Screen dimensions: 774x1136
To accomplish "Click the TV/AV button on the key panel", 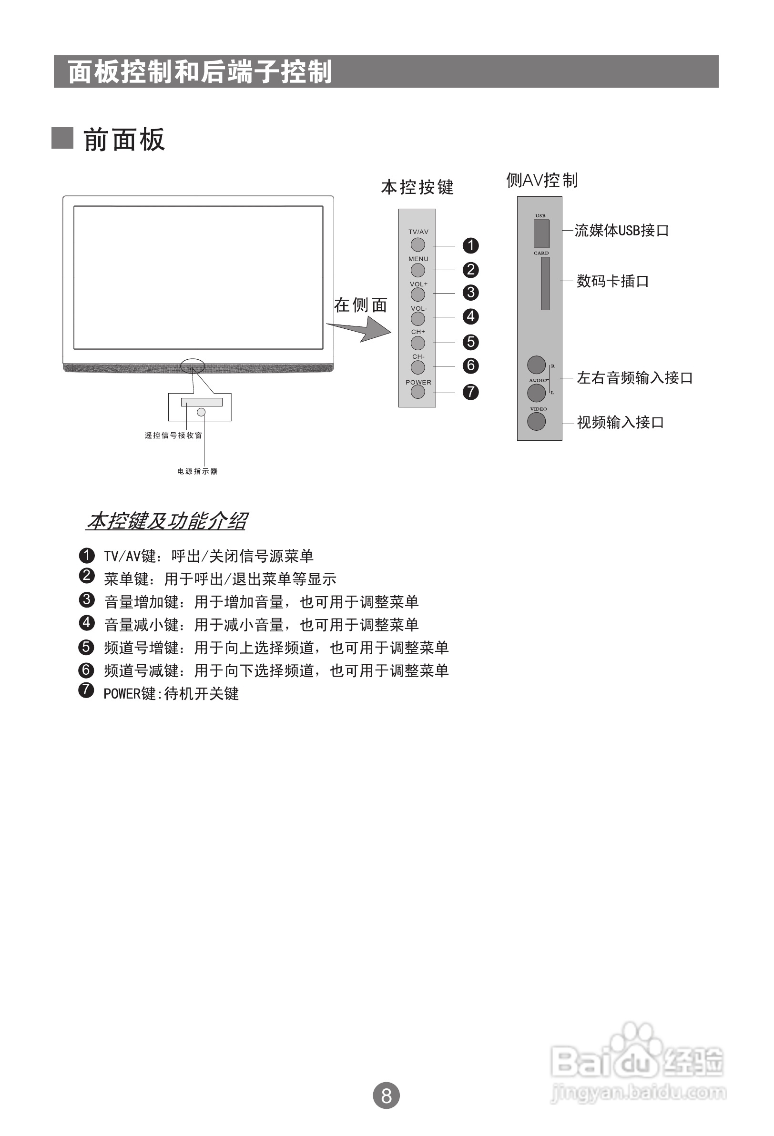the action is (418, 244).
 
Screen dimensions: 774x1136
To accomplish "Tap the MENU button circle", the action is (418, 270).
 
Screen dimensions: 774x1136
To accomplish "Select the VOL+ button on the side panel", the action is (418, 294).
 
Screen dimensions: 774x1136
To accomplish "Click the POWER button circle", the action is (418, 392).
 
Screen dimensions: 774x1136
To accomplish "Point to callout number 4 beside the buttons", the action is (470, 316).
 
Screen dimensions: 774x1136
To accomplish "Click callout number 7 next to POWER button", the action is (470, 392).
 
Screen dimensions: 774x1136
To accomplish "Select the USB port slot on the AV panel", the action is (541, 233).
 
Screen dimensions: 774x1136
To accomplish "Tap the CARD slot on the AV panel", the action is (545, 284).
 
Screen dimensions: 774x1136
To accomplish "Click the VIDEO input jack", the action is (536, 421).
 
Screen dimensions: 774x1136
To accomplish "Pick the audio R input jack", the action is (536, 365).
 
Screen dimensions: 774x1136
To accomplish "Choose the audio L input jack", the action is (536, 393).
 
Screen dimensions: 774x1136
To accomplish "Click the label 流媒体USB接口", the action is (621, 230).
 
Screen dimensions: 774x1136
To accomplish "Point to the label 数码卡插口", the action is (612, 281).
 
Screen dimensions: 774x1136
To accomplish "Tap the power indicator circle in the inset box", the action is (201, 413).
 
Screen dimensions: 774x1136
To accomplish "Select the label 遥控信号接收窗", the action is (173, 436).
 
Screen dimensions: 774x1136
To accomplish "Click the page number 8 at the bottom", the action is (386, 1095).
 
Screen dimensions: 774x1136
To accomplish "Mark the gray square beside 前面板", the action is (62, 138).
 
